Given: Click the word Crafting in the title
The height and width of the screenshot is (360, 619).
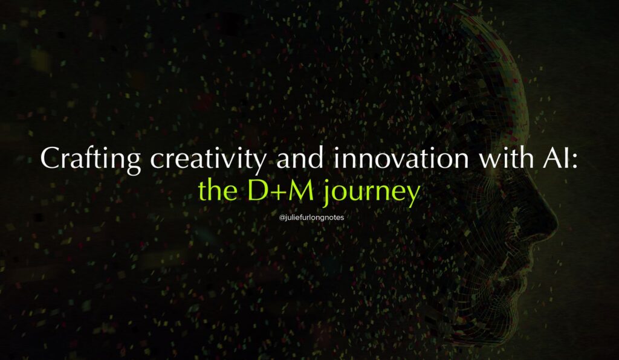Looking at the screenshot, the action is (x=91, y=159).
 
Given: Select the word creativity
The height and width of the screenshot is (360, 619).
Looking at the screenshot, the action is (x=209, y=159).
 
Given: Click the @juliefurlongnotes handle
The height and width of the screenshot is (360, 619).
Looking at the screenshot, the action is (x=311, y=217).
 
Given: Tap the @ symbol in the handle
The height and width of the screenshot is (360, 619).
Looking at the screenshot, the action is (x=282, y=217).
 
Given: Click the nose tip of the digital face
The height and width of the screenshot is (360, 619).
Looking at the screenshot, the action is (x=556, y=225).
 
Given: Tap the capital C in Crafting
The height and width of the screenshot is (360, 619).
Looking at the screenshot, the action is (x=50, y=158).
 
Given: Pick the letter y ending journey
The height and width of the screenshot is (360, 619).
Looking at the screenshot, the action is (x=412, y=196).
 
